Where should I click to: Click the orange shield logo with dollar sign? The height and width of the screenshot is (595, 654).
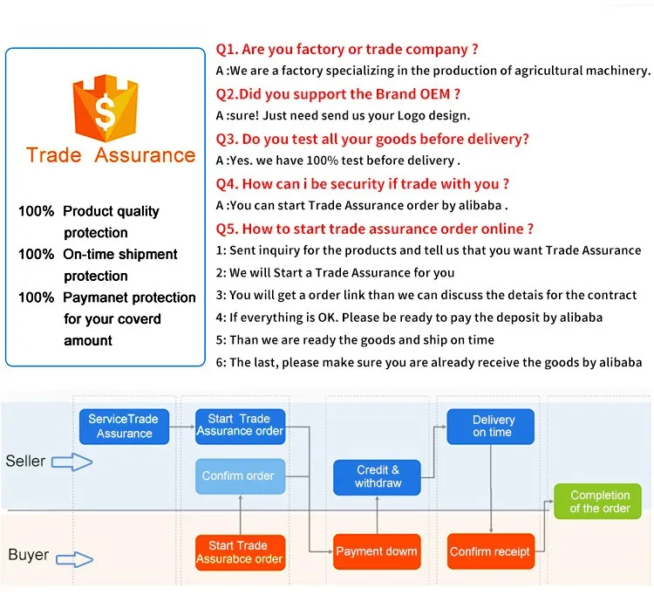106,108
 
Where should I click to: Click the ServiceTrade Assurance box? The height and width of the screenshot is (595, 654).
124,427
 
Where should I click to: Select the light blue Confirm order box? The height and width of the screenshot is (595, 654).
241,476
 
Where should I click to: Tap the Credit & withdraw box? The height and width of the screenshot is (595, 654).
377,477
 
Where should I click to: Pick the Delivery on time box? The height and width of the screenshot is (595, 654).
490,427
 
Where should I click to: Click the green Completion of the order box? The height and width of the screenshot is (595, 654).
597,501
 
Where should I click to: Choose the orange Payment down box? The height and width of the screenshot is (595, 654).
377,551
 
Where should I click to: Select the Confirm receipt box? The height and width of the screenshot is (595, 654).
490,551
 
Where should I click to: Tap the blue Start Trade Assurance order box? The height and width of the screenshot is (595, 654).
241,427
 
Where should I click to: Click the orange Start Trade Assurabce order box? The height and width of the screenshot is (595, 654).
241,552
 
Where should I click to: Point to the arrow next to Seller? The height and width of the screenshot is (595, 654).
72,462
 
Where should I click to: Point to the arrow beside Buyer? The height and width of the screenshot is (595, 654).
75,559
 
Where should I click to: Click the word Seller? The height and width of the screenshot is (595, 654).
25,461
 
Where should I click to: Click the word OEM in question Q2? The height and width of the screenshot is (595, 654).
435,94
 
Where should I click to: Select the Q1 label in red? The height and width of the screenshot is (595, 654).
227,50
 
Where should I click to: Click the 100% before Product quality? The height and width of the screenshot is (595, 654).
37,211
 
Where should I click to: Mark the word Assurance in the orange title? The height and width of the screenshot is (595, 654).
145,155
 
